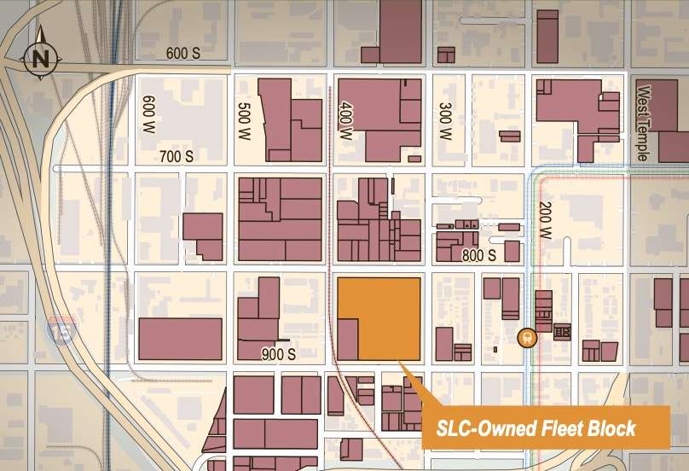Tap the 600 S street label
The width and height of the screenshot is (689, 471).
[x=182, y=54]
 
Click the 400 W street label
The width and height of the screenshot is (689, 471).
[x=345, y=122]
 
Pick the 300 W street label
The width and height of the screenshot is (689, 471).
[x=443, y=122]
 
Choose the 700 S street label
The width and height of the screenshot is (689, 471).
[x=177, y=156]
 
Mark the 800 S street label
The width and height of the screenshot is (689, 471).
[x=478, y=254]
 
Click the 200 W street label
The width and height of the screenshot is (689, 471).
[x=545, y=220]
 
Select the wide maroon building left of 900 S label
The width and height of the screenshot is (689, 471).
[x=180, y=339]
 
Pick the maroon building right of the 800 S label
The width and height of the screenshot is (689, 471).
[x=512, y=251]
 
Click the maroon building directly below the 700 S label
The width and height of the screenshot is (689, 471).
[x=202, y=235]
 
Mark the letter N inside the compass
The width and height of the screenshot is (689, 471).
[x=38, y=59]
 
